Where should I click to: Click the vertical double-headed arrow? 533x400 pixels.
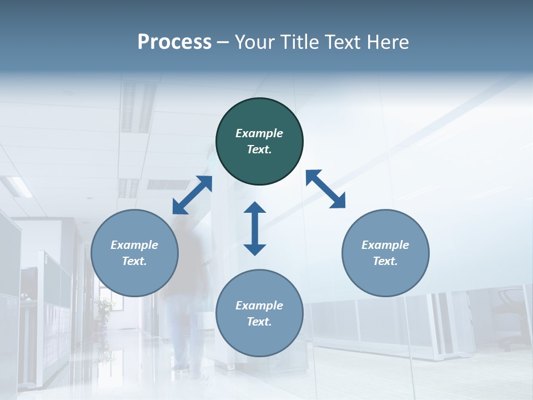pyautogui.click(x=255, y=228)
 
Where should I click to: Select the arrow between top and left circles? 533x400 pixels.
pyautogui.click(x=192, y=195)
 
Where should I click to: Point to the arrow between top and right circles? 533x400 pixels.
pyautogui.click(x=326, y=189)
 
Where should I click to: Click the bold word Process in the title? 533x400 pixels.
pyautogui.click(x=174, y=42)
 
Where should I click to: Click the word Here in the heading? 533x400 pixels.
pyautogui.click(x=388, y=42)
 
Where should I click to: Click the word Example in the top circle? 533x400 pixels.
pyautogui.click(x=259, y=133)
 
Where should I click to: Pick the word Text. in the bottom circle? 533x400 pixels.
pyautogui.click(x=259, y=322)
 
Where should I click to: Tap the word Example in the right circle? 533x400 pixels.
pyautogui.click(x=385, y=245)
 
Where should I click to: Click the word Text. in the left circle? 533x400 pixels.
pyautogui.click(x=134, y=261)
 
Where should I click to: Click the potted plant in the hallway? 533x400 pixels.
pyautogui.click(x=103, y=311)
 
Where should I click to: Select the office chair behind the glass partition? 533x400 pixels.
pyautogui.click(x=508, y=317)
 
